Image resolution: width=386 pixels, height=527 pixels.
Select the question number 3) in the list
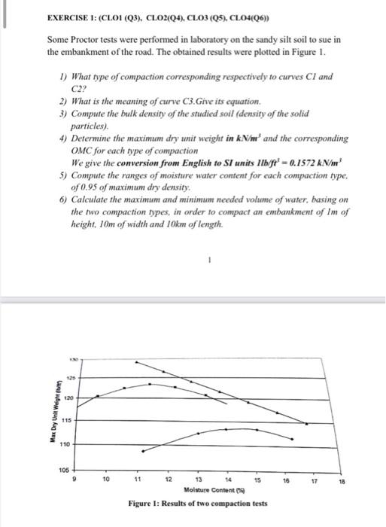[63, 111]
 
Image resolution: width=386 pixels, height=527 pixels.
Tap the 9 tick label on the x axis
[73, 458]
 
